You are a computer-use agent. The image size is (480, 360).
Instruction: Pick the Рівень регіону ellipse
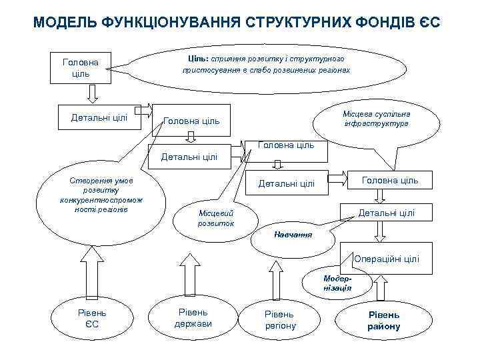(x=280, y=319)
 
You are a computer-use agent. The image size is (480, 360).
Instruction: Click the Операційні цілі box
(x=387, y=259)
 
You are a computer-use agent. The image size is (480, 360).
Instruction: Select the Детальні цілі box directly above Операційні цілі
(x=386, y=213)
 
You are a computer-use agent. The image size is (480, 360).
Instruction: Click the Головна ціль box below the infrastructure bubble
(x=390, y=181)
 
